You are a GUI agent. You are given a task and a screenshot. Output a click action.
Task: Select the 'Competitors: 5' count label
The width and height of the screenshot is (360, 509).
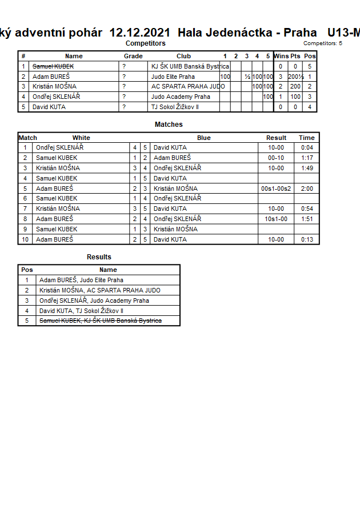[323, 43]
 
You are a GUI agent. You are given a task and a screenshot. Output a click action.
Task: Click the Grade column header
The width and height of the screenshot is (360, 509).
[133, 56]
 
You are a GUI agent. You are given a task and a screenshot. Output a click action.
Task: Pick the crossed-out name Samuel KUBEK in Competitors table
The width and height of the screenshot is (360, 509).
[53, 66]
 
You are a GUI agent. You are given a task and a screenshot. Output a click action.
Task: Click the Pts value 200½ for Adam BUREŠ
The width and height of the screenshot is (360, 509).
[295, 77]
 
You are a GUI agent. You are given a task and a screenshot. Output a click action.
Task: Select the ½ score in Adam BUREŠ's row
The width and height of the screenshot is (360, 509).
[247, 77]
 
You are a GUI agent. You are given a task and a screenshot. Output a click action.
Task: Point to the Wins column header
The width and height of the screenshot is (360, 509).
[281, 56]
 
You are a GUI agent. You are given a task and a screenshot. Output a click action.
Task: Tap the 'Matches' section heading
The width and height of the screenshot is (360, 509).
[169, 125]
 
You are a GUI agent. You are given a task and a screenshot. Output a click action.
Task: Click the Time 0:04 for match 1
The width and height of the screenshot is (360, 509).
[307, 147]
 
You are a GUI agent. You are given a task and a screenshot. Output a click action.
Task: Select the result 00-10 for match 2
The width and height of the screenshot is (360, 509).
[276, 158]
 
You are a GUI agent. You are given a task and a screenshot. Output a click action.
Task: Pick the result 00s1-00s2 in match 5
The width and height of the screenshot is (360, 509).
[276, 189]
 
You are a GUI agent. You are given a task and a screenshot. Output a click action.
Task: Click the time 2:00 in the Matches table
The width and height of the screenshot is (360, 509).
[307, 189]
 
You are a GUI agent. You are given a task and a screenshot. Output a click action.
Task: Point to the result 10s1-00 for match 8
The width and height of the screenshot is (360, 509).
[276, 219]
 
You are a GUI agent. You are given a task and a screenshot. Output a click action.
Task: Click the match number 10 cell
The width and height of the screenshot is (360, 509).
[25, 239]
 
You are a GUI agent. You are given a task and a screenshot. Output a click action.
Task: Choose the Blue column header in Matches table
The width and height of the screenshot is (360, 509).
[204, 138]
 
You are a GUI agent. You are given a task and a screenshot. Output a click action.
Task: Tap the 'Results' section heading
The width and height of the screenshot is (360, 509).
[99, 257]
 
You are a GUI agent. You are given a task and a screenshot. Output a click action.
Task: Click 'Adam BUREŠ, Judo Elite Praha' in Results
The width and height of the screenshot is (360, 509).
[81, 280]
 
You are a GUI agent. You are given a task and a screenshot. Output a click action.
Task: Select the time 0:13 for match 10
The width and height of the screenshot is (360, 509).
[307, 239]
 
